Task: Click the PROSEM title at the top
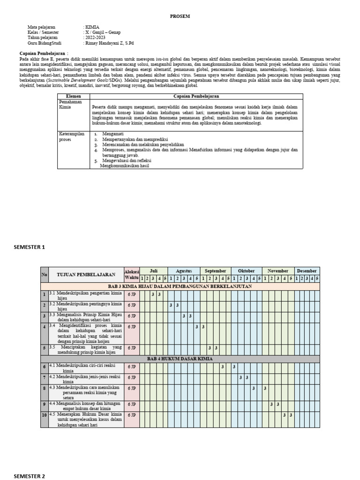(180, 16)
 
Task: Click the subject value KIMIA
(92, 28)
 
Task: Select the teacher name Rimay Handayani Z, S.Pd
(109, 43)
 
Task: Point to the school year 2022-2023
(96, 38)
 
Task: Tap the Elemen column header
(73, 96)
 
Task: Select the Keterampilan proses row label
(72, 136)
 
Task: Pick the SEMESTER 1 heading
(30, 247)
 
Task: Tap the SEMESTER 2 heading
(30, 476)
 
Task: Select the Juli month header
(153, 271)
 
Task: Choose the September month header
(216, 271)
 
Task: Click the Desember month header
(307, 271)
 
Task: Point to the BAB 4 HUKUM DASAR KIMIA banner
(180, 359)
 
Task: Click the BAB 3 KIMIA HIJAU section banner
(180, 286)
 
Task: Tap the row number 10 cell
(44, 415)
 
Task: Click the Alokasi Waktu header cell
(131, 274)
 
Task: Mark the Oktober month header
(247, 271)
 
